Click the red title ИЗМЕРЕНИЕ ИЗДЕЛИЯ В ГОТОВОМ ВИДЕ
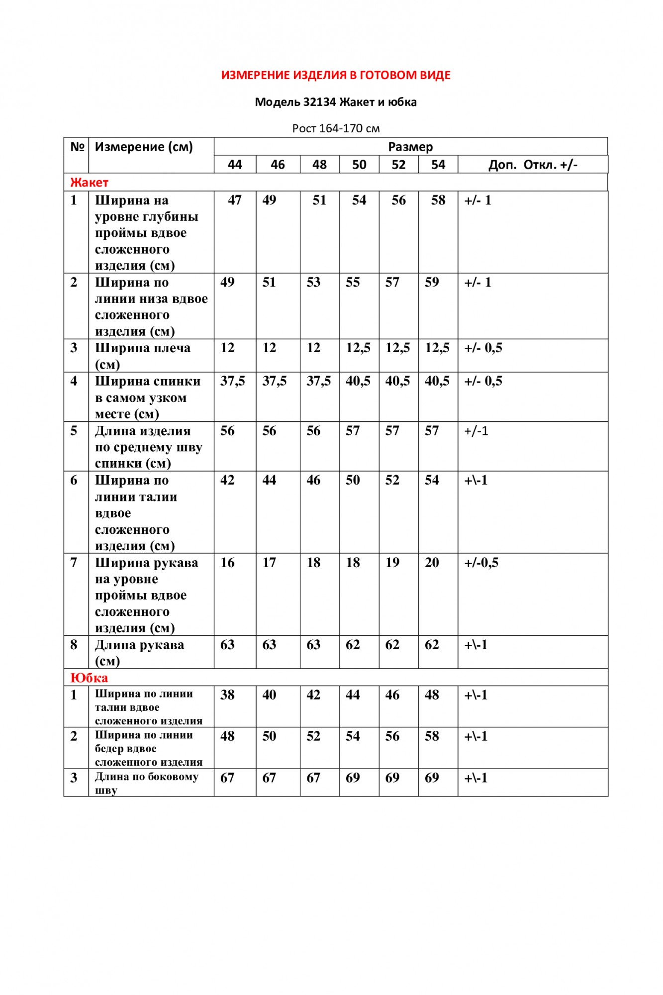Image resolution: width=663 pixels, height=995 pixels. click(336, 75)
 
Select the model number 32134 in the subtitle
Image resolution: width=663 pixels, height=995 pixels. click(319, 102)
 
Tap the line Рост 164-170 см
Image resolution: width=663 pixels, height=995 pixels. click(336, 128)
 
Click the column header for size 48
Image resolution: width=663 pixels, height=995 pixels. click(319, 165)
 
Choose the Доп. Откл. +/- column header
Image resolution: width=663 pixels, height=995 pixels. click(533, 165)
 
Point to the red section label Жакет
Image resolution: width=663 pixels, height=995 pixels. click(89, 183)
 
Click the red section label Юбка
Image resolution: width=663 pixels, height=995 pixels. click(89, 678)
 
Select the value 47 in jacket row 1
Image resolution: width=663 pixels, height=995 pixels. click(234, 200)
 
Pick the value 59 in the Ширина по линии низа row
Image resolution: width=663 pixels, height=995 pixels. click(432, 282)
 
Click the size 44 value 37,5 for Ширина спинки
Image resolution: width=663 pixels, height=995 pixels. click(233, 381)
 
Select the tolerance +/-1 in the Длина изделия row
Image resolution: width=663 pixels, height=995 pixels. click(476, 431)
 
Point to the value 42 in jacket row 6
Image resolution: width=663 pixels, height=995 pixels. click(227, 480)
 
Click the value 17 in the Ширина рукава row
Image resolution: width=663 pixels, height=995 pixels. click(269, 563)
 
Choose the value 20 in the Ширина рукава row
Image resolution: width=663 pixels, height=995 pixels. click(432, 563)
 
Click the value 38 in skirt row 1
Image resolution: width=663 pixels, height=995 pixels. click(227, 695)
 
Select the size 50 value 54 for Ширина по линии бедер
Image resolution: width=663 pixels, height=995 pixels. click(353, 736)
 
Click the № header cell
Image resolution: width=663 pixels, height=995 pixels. click(77, 147)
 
